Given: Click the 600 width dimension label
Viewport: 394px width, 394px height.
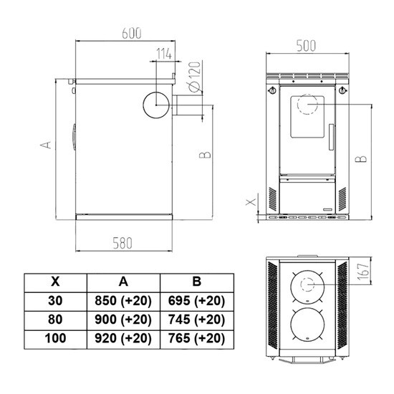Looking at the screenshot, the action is [132, 34].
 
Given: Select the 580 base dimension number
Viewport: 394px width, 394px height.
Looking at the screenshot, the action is [122, 244].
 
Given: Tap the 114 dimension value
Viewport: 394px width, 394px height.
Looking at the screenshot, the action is [164, 54].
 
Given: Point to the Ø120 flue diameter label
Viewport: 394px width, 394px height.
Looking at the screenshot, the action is [194, 77].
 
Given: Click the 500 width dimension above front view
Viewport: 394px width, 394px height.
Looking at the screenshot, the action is [306, 46].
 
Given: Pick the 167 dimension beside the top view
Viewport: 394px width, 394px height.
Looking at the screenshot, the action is [364, 272].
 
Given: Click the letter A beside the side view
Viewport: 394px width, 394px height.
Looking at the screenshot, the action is [46, 145].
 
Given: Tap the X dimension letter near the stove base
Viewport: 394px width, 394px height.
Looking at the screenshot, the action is [251, 202].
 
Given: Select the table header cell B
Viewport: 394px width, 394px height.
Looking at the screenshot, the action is [197, 283].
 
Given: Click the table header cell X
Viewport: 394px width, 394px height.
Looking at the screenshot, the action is [56, 283].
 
